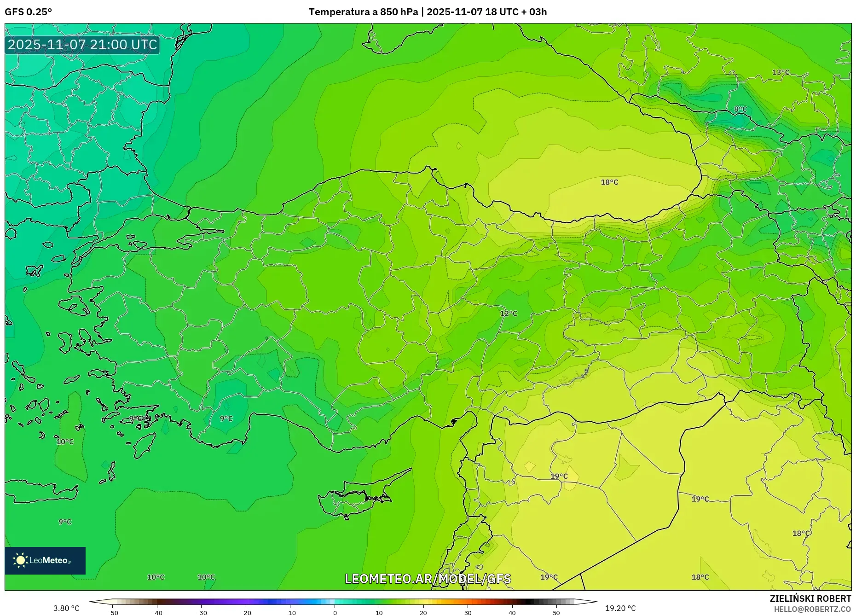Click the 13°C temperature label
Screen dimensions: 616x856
(x=781, y=72)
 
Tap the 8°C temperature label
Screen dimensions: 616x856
(x=740, y=109)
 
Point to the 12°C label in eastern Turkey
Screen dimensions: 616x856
(x=509, y=314)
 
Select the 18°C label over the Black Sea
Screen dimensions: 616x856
(x=609, y=182)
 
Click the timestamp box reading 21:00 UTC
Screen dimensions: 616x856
(x=82, y=45)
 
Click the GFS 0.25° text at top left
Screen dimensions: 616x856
(x=28, y=12)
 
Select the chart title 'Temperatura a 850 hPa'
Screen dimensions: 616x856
(x=363, y=12)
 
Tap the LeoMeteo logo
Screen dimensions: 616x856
(x=45, y=560)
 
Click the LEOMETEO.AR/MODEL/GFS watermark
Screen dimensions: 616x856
(x=428, y=579)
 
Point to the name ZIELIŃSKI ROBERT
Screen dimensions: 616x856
(x=810, y=599)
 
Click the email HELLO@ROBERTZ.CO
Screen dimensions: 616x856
(x=812, y=609)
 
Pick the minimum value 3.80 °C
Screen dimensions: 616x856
(x=66, y=608)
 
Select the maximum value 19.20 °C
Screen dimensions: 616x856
(x=620, y=608)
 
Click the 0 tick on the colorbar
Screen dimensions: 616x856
(x=335, y=612)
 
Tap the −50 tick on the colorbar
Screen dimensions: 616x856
(x=113, y=612)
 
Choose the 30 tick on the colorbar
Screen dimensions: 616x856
(x=468, y=612)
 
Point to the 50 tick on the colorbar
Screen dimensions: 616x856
(x=556, y=612)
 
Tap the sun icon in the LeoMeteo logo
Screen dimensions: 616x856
(x=20, y=560)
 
